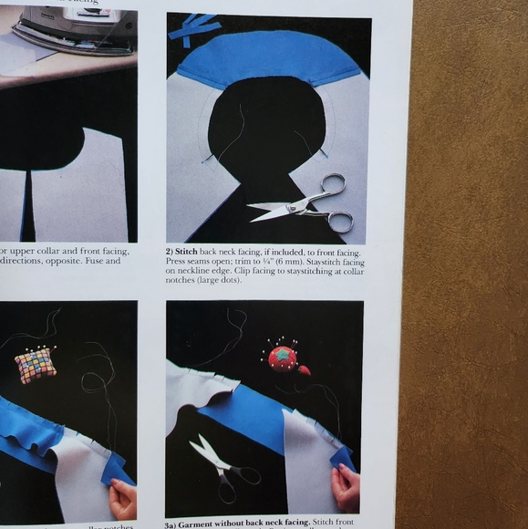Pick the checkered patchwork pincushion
(36, 365)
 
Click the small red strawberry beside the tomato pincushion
(304, 369)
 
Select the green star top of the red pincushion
(284, 352)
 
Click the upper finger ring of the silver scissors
(334, 185)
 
